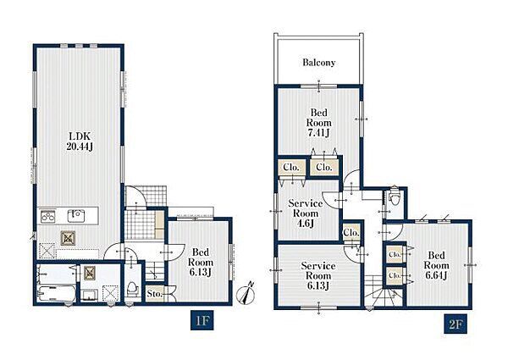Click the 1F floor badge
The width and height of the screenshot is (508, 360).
pos(202,321)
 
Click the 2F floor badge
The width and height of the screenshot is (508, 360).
pos(456,324)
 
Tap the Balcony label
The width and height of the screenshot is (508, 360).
pos(319,62)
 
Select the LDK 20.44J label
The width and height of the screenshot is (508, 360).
pos(80,141)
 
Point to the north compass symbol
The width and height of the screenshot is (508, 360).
pos(247,294)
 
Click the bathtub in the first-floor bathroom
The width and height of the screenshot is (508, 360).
pos(57,294)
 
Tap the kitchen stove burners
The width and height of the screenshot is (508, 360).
pos(47,216)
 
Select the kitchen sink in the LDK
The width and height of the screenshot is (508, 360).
pos(76,216)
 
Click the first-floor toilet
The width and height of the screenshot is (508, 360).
pos(132,288)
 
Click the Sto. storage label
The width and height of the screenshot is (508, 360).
pos(155,294)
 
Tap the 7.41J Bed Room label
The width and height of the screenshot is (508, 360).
pos(319,123)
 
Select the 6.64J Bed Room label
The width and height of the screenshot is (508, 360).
pos(436,265)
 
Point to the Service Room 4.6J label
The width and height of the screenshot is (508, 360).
pos(306,213)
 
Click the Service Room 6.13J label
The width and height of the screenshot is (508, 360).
pos(318,276)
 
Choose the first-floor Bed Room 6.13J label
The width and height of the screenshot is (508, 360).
pos(201,262)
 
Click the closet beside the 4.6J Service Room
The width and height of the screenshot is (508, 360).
pos(351,232)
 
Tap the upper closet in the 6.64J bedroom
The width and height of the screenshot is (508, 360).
pos(395,254)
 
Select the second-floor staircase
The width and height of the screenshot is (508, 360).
pos(384,291)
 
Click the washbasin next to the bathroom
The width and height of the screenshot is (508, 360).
pos(89,295)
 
